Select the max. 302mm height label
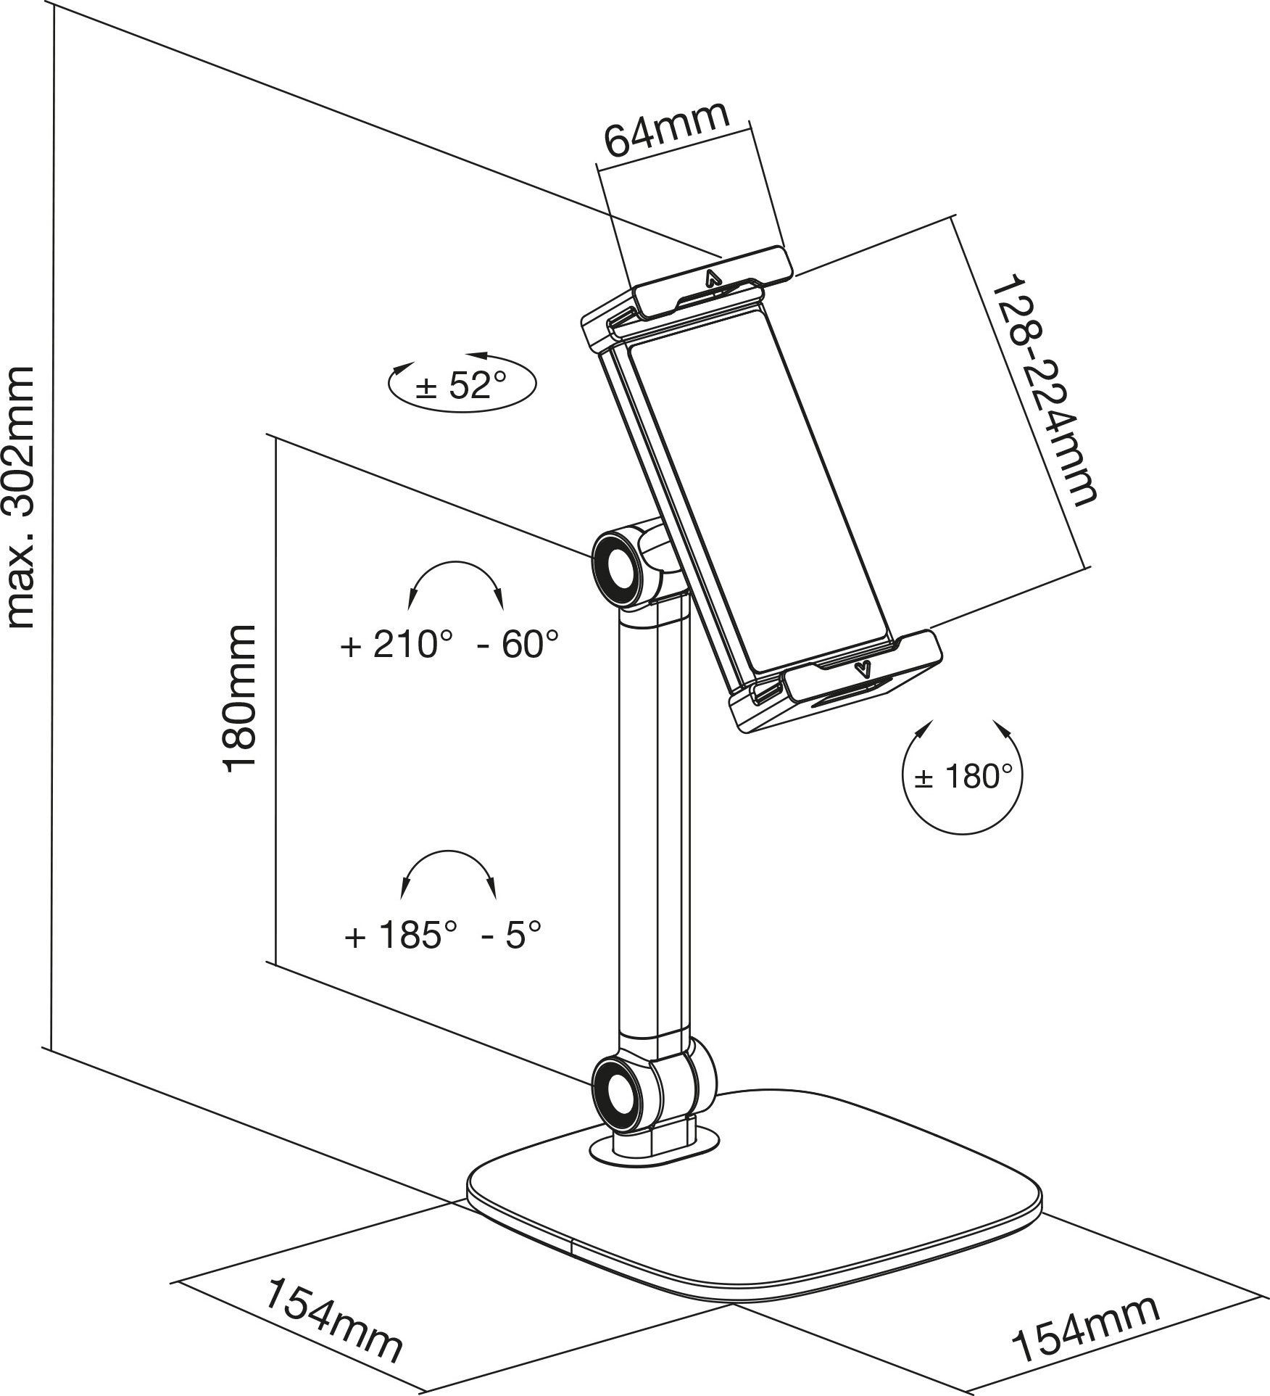click(x=21, y=497)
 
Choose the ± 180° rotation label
click(x=963, y=777)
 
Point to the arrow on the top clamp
click(x=713, y=278)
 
